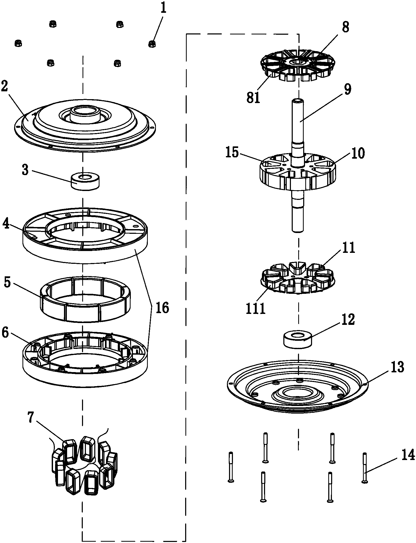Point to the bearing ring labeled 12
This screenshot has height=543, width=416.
(x=298, y=339)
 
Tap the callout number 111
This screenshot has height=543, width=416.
(x=256, y=309)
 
